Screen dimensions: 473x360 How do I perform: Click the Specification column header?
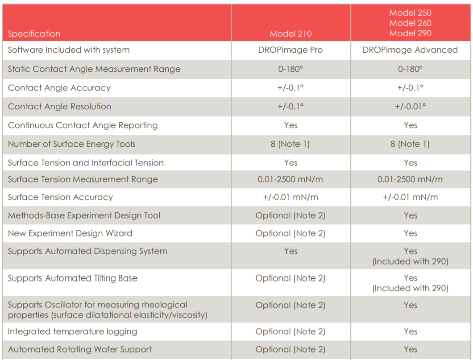(34, 34)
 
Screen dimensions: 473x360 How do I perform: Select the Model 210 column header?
(290, 34)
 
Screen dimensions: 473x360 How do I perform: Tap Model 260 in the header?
(410, 23)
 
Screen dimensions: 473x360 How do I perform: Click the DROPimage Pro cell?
(290, 50)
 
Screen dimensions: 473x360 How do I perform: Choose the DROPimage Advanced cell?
(410, 50)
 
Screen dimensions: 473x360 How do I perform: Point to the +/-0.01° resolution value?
(410, 107)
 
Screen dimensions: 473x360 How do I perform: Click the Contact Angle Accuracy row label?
(59, 88)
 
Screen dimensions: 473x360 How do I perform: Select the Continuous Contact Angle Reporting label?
(83, 125)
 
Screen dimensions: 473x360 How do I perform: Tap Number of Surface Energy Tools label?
(71, 144)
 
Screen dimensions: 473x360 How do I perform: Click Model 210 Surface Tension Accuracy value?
(290, 197)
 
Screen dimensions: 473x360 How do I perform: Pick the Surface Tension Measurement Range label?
(83, 179)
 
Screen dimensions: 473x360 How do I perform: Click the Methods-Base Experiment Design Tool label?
(84, 215)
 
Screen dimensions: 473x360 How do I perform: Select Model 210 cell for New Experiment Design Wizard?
(290, 233)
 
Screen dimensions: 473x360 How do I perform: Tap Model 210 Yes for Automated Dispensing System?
(290, 251)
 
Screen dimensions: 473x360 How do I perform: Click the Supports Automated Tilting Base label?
(72, 278)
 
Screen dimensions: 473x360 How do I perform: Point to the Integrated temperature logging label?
(72, 331)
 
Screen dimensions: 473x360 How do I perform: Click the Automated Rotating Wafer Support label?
(79, 349)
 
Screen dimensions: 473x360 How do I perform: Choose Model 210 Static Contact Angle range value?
(290, 69)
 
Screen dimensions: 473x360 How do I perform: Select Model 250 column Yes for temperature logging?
(410, 331)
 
